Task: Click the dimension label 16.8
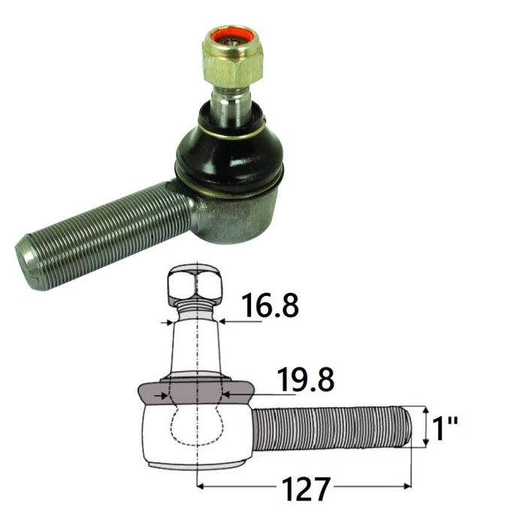pyautogui.click(x=271, y=305)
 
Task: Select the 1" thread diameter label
pyautogui.click(x=445, y=428)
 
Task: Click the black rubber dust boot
pyautogui.click(x=230, y=151)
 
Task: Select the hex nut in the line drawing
pyautogui.click(x=195, y=283)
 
